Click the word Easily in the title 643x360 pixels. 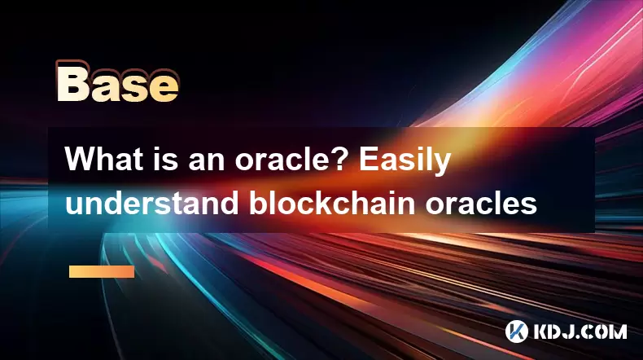pyautogui.click(x=405, y=161)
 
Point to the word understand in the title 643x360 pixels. pyautogui.click(x=151, y=202)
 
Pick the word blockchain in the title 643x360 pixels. pyautogui.click(x=332, y=202)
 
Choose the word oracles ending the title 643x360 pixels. pyautogui.click(x=481, y=202)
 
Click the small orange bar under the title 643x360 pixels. pyautogui.click(x=102, y=271)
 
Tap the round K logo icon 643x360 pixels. pyautogui.click(x=516, y=331)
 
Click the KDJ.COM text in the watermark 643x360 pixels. pyautogui.click(x=580, y=331)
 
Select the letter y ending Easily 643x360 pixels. pyautogui.click(x=444, y=165)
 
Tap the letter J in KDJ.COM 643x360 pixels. pyautogui.click(x=566, y=331)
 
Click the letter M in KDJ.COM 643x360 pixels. pyautogui.click(x=618, y=331)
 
